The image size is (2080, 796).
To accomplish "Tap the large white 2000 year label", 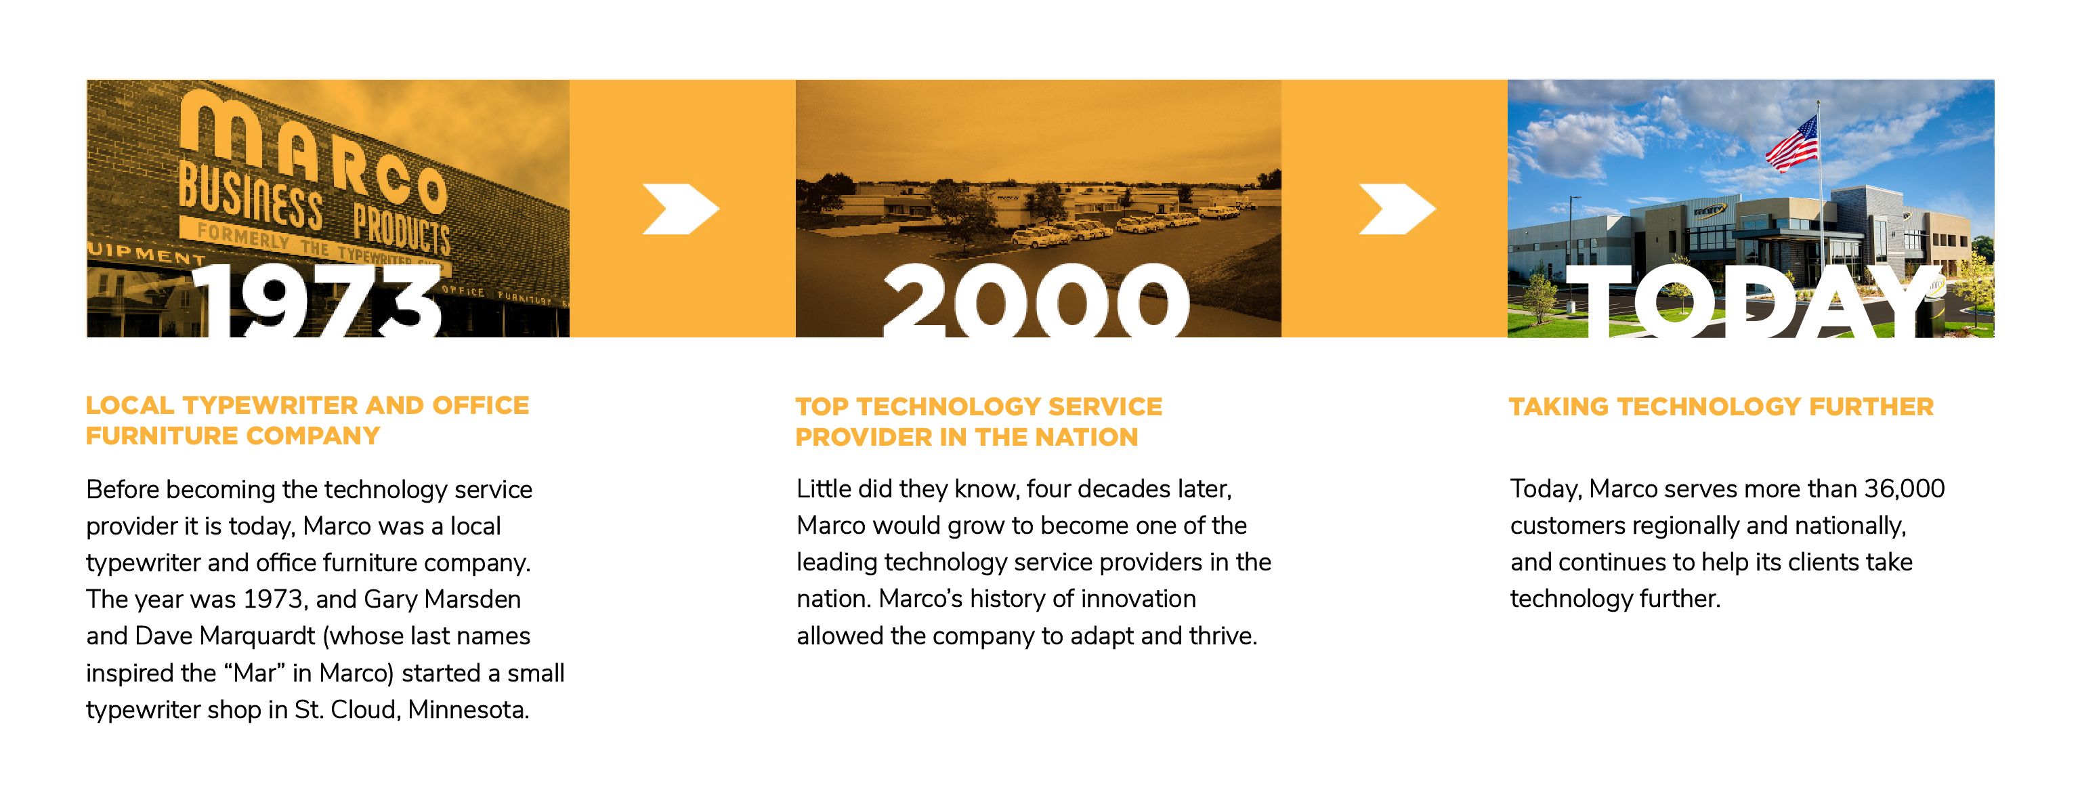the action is [1036, 300].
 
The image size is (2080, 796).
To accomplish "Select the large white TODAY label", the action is [1753, 300].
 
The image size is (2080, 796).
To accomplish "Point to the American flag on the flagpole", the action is [1793, 144].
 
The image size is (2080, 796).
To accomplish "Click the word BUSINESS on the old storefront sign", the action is [251, 195].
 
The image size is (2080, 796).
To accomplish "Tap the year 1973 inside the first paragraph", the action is [273, 600].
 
